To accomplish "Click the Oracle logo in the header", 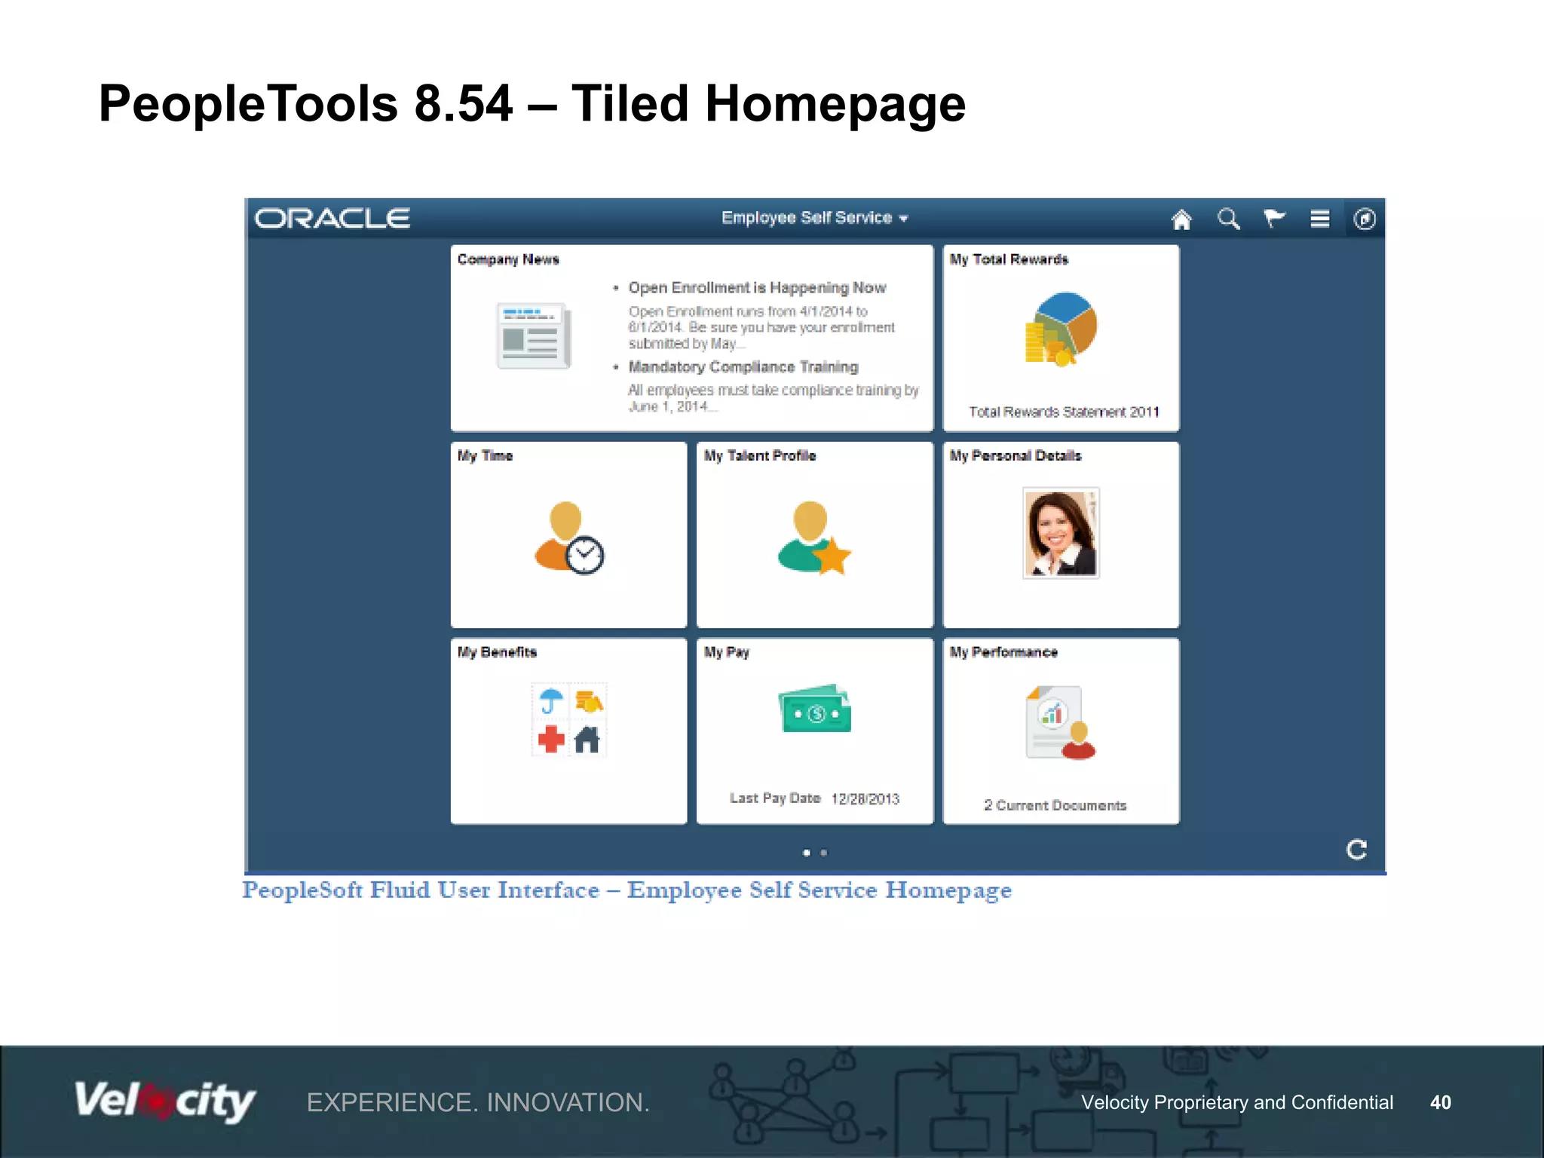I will [x=332, y=219].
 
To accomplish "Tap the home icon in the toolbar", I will [x=1181, y=219].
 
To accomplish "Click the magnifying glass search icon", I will [x=1228, y=219].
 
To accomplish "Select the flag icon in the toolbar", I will [x=1274, y=219].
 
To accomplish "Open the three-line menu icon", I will [x=1319, y=219].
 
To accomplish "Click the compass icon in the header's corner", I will [x=1365, y=219].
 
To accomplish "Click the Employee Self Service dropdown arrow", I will [x=904, y=219].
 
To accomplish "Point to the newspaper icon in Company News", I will [x=533, y=335].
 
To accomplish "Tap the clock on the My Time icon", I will [x=585, y=556].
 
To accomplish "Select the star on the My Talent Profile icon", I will [x=832, y=556].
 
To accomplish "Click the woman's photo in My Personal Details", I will [x=1061, y=533].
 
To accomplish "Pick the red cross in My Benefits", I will [x=551, y=739].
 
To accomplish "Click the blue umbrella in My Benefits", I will [x=551, y=700].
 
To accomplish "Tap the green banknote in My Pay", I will [x=814, y=709].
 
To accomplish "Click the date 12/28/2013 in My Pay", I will [x=865, y=799].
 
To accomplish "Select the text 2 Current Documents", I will [x=1055, y=806].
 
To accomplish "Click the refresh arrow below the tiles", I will [x=1356, y=850].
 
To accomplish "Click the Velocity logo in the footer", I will [x=164, y=1101].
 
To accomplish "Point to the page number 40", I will [x=1440, y=1102].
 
